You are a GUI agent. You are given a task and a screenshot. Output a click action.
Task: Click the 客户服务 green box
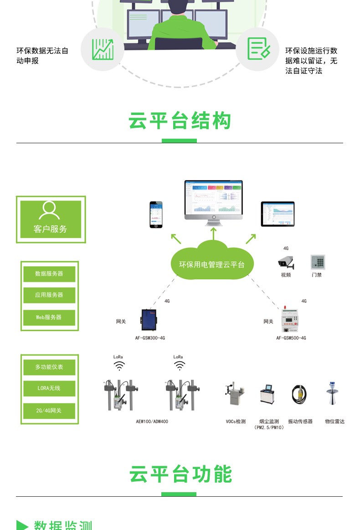pyautogui.click(x=51, y=219)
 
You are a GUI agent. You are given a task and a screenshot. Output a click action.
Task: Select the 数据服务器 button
pyautogui.click(x=49, y=274)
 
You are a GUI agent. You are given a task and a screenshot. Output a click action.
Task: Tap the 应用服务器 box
pyautogui.click(x=49, y=295)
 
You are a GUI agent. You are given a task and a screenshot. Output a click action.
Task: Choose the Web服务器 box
pyautogui.click(x=49, y=317)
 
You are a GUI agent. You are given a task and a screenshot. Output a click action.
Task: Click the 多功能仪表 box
pyautogui.click(x=49, y=367)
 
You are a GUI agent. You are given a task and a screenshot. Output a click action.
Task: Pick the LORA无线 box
pyautogui.click(x=49, y=388)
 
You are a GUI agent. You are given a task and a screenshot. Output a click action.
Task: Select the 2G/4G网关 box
pyautogui.click(x=49, y=410)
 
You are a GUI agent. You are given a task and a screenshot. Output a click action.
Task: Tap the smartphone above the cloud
pyautogui.click(x=156, y=214)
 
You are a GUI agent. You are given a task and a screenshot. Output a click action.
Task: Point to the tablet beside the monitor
pyautogui.click(x=278, y=214)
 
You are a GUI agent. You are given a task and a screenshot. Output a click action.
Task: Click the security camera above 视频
pyautogui.click(x=286, y=262)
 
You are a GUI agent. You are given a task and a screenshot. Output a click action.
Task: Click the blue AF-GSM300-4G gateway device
pyautogui.click(x=149, y=321)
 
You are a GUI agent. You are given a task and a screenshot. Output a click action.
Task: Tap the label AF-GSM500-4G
pyautogui.click(x=291, y=338)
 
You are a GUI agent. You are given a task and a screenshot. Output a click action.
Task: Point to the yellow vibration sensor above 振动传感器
pyautogui.click(x=299, y=395)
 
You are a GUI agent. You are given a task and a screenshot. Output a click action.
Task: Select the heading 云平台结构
pyautogui.click(x=180, y=121)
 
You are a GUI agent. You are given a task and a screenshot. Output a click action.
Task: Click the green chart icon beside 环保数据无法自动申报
pyautogui.click(x=102, y=49)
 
